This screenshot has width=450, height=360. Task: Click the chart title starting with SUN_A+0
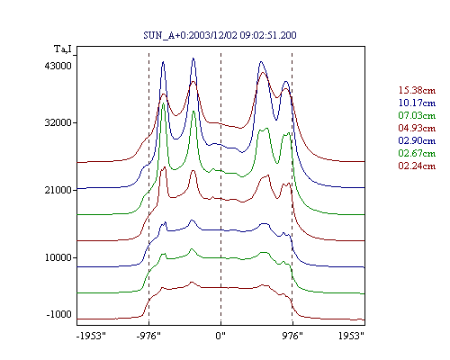pos(220,35)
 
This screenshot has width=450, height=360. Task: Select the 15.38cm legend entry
pos(417,90)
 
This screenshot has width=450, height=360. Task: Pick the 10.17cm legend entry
pos(417,103)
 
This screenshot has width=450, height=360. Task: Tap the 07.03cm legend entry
pos(417,115)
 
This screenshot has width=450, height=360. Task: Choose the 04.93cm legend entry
pos(417,128)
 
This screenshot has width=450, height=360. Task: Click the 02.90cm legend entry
pos(417,140)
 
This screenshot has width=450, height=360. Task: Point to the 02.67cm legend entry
pos(417,153)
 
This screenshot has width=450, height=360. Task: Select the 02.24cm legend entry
pos(417,166)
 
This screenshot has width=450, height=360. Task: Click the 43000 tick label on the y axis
pos(58,66)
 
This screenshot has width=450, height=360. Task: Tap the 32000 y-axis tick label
pos(58,122)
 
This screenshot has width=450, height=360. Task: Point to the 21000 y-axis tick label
pos(58,190)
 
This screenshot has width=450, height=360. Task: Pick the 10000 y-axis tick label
pos(58,257)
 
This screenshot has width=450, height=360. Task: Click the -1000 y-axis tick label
pos(59,314)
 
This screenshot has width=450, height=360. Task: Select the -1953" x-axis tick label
pos(91,336)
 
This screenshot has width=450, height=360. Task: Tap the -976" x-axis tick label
pos(148,336)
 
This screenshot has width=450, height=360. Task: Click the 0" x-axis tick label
pos(220,336)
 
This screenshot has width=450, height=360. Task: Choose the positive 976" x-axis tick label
pos(292,336)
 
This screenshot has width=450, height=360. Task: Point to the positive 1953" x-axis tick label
pos(351,336)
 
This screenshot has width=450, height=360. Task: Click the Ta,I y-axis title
pos(63,49)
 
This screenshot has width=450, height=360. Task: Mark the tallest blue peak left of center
pos(193,58)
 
